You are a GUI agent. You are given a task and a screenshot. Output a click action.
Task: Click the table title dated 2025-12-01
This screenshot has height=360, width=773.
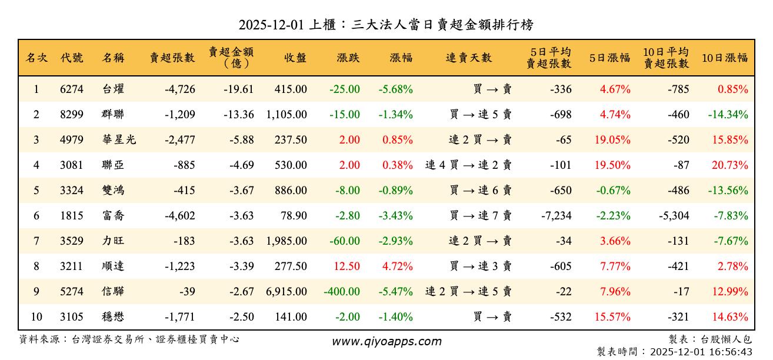coord(386,25)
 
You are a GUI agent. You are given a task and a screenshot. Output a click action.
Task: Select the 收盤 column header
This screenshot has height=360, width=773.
coord(295,58)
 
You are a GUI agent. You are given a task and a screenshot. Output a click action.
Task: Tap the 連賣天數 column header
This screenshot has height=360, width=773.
coord(468,58)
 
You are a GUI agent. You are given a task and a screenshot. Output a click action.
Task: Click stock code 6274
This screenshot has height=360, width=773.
coord(72,89)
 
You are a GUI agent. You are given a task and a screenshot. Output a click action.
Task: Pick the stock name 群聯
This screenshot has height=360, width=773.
coord(113,115)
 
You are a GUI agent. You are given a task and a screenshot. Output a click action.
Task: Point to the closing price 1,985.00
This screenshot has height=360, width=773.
coord(286,241)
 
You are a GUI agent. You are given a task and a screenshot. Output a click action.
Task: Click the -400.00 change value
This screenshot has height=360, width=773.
coord(342,292)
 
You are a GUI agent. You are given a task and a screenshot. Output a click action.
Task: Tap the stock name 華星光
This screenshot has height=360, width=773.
coord(118,140)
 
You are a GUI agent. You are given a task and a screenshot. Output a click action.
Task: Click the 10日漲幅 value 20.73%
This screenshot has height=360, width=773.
coord(730,165)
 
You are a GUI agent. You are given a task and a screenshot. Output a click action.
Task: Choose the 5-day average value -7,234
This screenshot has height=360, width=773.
coord(556,216)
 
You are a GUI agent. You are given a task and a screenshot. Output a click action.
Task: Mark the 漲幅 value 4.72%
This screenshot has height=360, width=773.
coord(398,266)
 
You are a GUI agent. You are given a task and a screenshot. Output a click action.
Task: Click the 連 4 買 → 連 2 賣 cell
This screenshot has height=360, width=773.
coord(468,165)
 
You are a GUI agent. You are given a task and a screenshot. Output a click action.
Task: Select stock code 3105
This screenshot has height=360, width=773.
coord(72,317)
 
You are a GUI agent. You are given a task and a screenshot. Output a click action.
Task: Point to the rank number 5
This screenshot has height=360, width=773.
coord(36,191)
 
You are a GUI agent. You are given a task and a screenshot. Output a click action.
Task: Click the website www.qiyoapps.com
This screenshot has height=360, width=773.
coord(386,342)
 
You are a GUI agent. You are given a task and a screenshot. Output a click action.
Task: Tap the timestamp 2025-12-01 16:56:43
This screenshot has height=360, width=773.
coord(700,352)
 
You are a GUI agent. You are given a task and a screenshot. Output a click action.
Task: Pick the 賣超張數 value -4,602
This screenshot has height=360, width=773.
coord(179,216)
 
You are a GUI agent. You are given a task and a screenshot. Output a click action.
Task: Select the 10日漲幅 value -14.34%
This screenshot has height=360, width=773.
coord(728,115)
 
